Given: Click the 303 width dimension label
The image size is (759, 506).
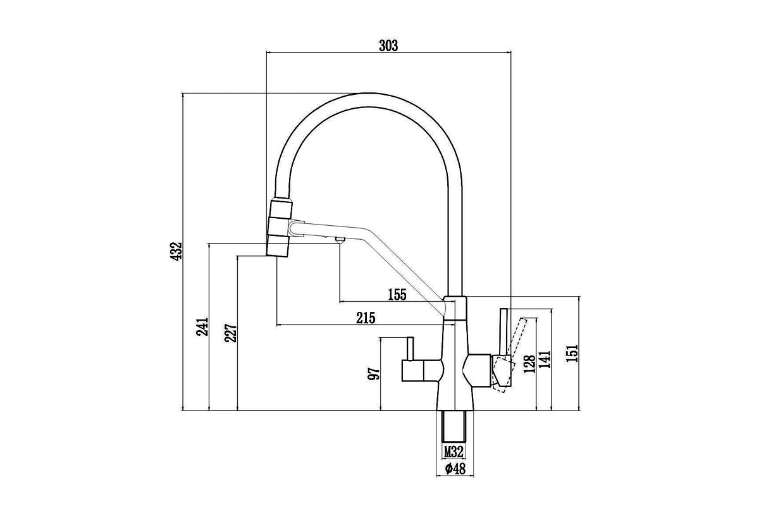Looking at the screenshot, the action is [388, 46].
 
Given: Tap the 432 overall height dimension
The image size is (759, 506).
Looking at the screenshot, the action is [176, 251].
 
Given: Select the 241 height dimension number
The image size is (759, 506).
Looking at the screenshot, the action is [202, 326].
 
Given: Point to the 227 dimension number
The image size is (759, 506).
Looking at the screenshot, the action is [231, 333].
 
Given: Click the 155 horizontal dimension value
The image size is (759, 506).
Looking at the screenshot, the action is [397, 295].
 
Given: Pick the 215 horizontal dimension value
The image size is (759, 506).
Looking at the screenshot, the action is [366, 318].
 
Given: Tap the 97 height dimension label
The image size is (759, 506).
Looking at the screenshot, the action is [374, 373].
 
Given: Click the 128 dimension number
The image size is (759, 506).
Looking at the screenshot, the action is [529, 364].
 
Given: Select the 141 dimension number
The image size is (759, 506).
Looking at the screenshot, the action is [546, 359].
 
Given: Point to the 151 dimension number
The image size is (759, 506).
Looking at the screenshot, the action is [572, 353].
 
